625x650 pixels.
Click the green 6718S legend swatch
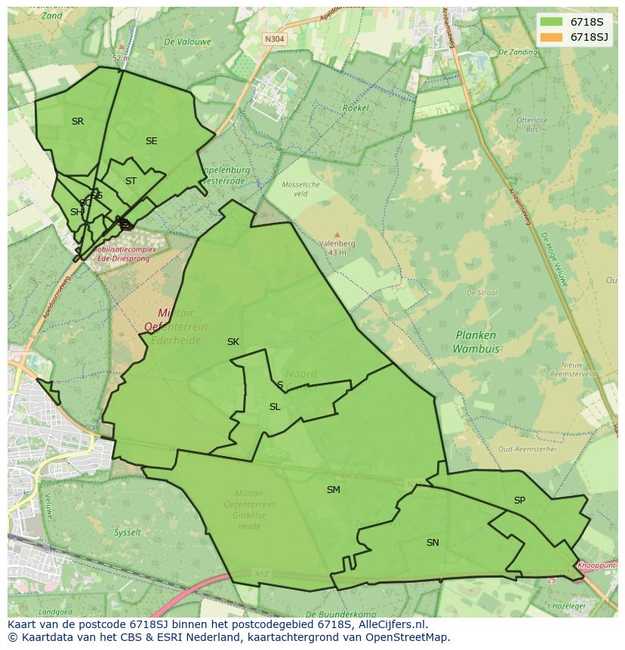[551, 22]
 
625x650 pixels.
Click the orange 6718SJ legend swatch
[551, 37]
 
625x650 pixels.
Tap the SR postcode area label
[78, 122]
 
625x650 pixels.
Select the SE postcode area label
[152, 141]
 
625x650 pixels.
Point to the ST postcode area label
[131, 181]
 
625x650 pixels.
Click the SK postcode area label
[233, 342]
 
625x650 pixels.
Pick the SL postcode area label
[275, 407]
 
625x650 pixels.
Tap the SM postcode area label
[333, 490]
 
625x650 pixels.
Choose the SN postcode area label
[433, 543]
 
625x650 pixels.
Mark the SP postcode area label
[519, 501]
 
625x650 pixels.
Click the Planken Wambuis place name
[476, 342]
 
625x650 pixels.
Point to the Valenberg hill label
[337, 244]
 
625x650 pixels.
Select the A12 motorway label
[262, 575]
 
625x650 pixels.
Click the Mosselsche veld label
[300, 189]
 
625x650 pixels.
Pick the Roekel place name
[356, 109]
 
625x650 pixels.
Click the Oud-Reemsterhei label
[527, 448]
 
